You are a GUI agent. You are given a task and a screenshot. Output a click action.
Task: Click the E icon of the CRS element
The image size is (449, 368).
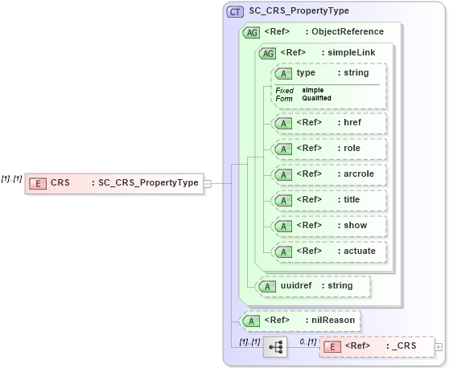pyautogui.click(x=37, y=183)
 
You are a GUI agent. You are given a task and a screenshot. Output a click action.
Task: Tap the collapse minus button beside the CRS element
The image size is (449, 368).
pyautogui.click(x=208, y=183)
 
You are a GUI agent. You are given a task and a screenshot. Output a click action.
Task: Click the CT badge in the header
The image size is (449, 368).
pyautogui.click(x=236, y=11)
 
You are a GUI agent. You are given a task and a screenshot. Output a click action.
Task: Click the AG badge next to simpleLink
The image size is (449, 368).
pyautogui.click(x=266, y=53)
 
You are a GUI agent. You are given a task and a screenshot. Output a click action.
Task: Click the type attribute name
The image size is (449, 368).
pyautogui.click(x=306, y=73)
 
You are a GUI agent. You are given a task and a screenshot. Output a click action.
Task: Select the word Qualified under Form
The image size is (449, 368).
pyautogui.click(x=317, y=98)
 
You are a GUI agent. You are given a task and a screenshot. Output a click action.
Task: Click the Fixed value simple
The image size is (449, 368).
pyautogui.click(x=313, y=90)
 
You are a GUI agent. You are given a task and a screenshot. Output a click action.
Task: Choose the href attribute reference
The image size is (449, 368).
pyautogui.click(x=352, y=123)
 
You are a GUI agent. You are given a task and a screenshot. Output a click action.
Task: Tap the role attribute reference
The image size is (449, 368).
pyautogui.click(x=352, y=149)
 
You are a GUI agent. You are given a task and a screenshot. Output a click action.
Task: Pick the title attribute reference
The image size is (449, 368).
pyautogui.click(x=352, y=200)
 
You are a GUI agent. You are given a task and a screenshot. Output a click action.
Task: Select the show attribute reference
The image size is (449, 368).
pyautogui.click(x=354, y=226)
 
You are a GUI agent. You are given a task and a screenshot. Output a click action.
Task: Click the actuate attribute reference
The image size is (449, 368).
pyautogui.click(x=359, y=251)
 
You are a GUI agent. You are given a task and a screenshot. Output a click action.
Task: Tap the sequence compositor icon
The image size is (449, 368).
pyautogui.click(x=275, y=347)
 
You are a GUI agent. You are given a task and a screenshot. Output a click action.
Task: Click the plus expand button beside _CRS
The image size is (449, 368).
pyautogui.click(x=439, y=347)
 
